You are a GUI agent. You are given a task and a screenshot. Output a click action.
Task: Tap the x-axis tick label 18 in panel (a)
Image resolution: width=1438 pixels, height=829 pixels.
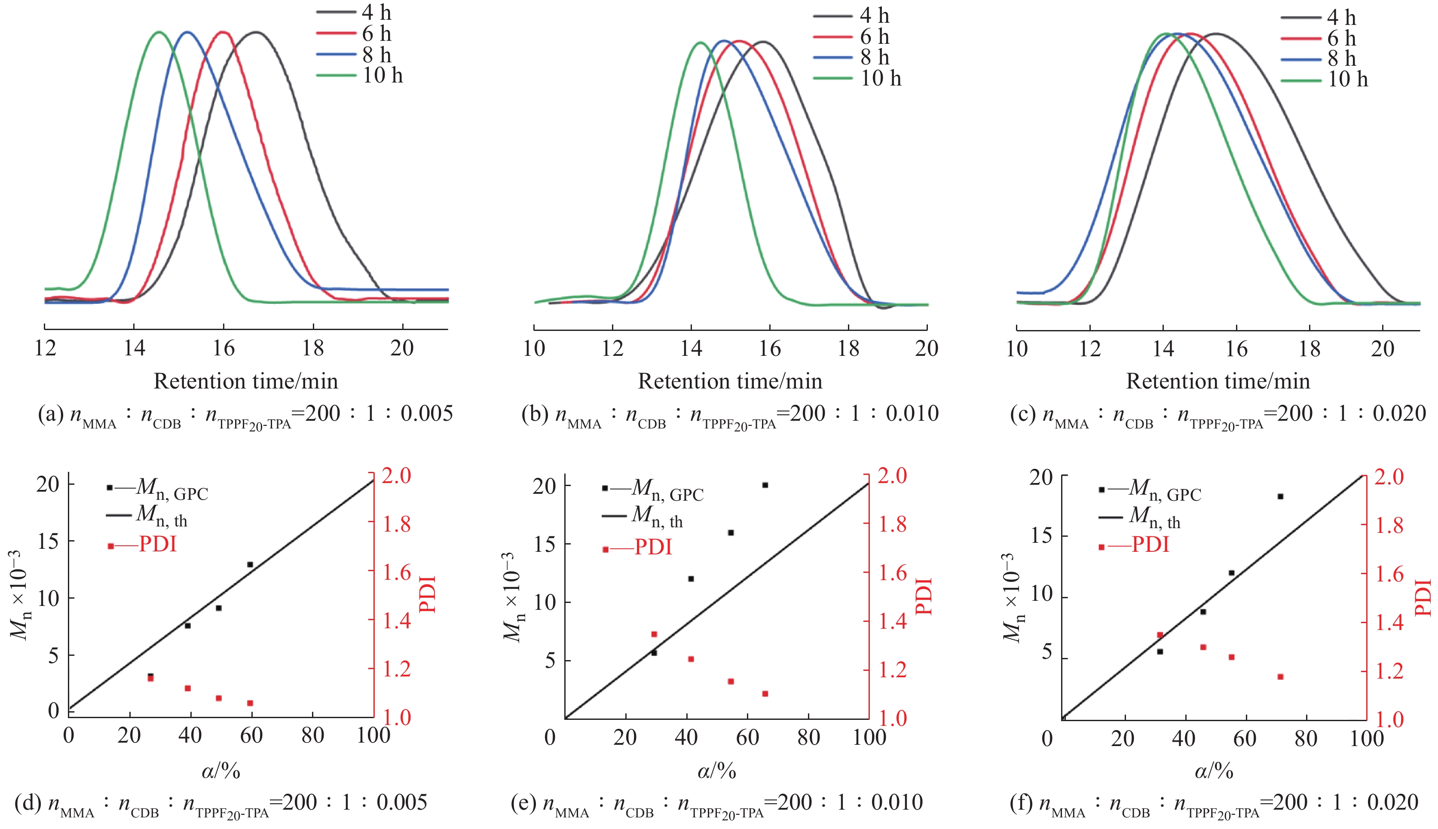click(313, 348)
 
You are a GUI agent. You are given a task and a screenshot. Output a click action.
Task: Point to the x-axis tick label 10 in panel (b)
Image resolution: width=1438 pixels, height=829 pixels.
click(534, 349)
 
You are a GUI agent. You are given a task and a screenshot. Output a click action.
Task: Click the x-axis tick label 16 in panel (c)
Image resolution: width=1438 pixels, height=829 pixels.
click(1236, 349)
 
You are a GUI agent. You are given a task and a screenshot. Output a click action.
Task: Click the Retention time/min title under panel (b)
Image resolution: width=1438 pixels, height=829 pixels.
click(730, 381)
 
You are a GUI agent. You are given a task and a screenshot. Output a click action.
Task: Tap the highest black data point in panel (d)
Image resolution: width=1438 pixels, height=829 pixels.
click(250, 564)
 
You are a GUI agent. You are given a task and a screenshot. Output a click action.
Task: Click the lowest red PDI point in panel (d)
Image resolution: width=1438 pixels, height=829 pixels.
click(250, 703)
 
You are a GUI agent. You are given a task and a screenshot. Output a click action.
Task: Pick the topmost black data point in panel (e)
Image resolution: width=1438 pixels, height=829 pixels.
click(765, 485)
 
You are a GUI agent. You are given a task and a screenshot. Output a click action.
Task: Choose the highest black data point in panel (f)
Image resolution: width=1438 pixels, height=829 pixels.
click(1280, 496)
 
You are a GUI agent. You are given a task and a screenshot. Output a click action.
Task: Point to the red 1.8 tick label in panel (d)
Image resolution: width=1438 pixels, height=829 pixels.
click(396, 524)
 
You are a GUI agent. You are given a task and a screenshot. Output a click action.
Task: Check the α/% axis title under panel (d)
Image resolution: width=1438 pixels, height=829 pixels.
click(221, 771)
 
